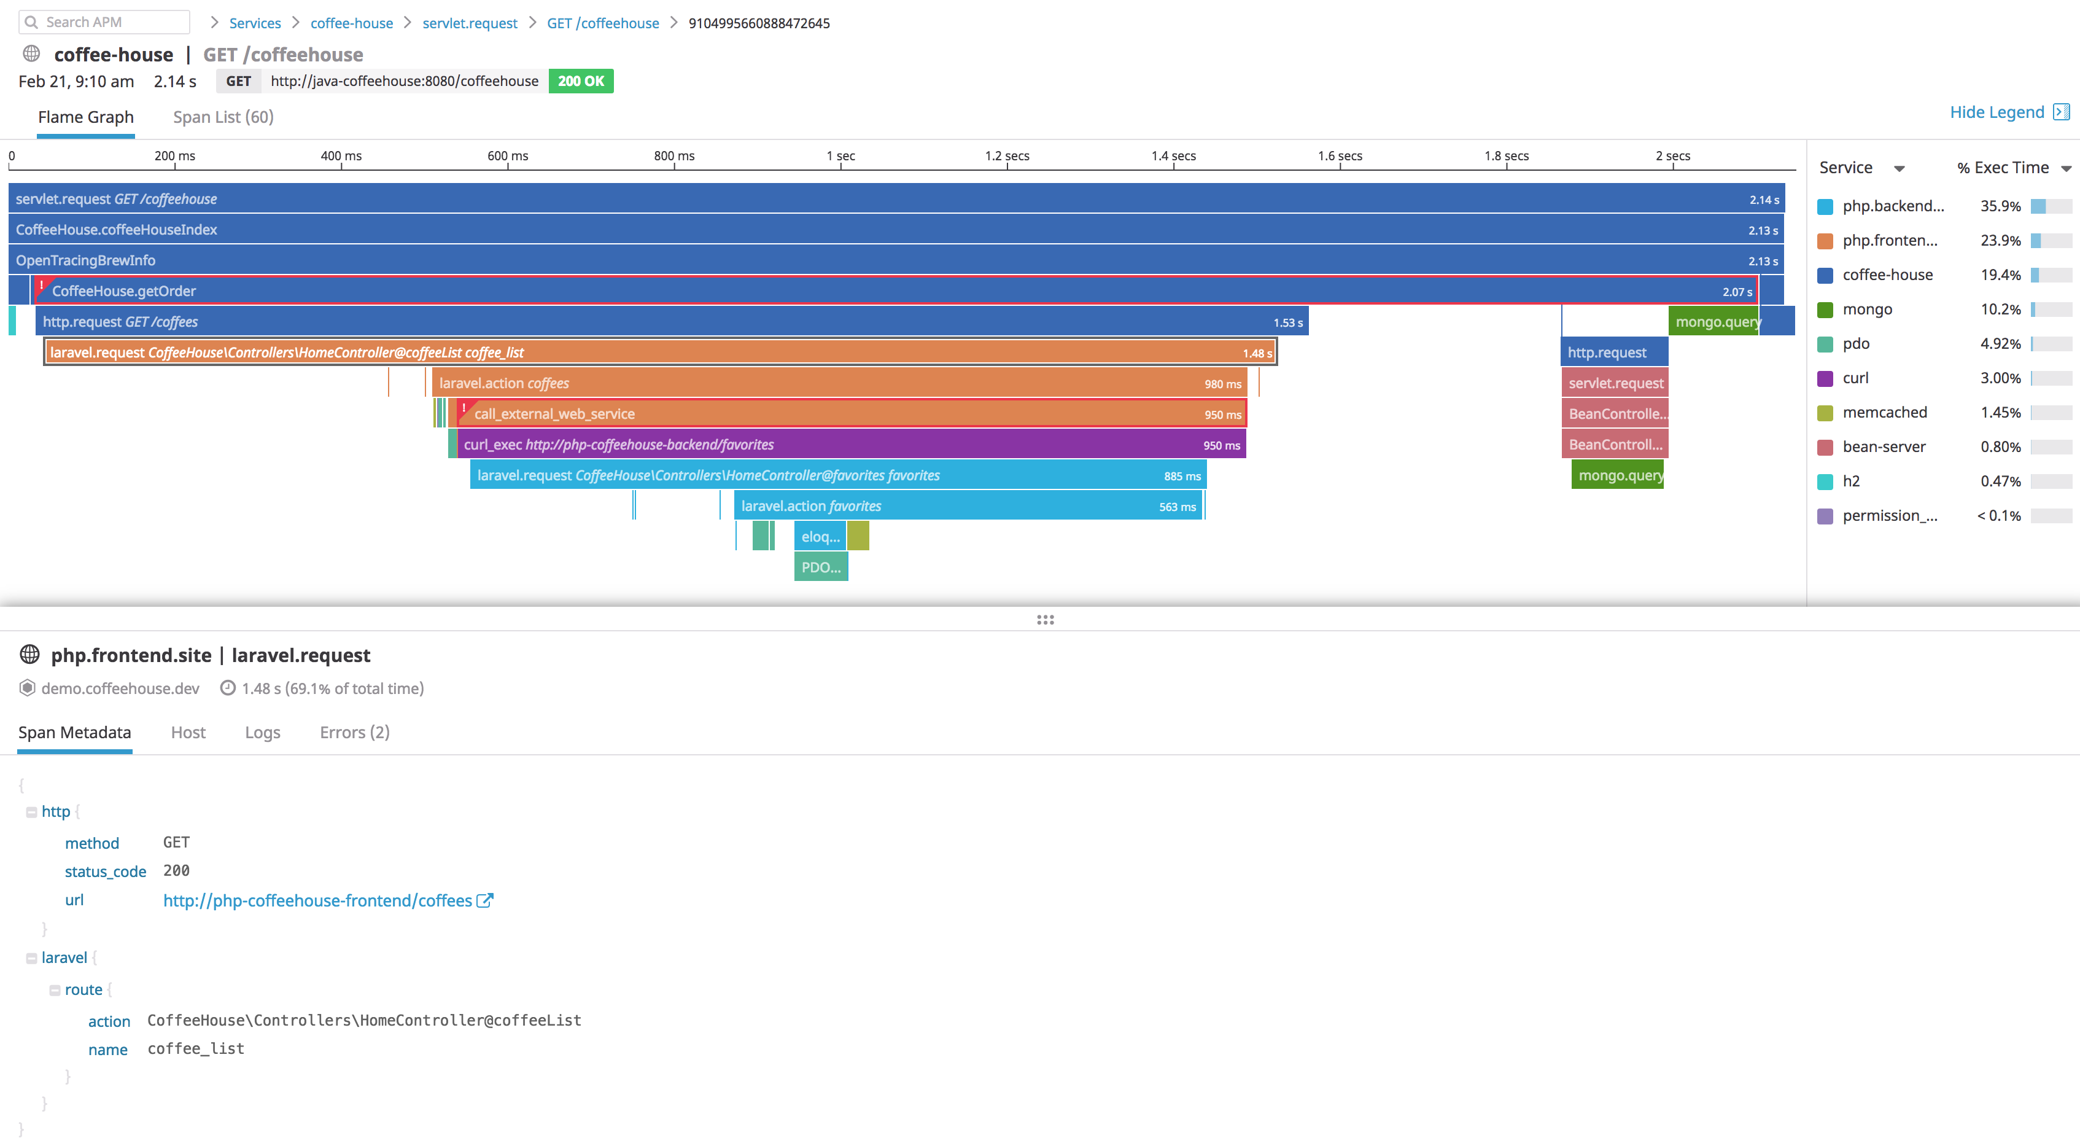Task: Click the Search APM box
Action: point(105,22)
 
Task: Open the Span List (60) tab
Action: point(223,117)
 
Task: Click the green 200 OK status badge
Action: point(581,81)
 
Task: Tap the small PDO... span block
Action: point(820,567)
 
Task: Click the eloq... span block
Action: point(820,536)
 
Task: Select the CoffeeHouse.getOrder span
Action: point(888,290)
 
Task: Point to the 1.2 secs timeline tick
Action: point(1007,157)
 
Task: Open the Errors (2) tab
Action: point(354,733)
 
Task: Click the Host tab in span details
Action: point(188,733)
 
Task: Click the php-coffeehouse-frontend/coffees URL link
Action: point(317,900)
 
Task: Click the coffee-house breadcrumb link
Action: point(351,23)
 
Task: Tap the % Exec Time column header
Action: point(2003,168)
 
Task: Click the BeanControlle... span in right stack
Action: point(1615,413)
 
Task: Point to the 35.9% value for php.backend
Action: point(2000,206)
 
